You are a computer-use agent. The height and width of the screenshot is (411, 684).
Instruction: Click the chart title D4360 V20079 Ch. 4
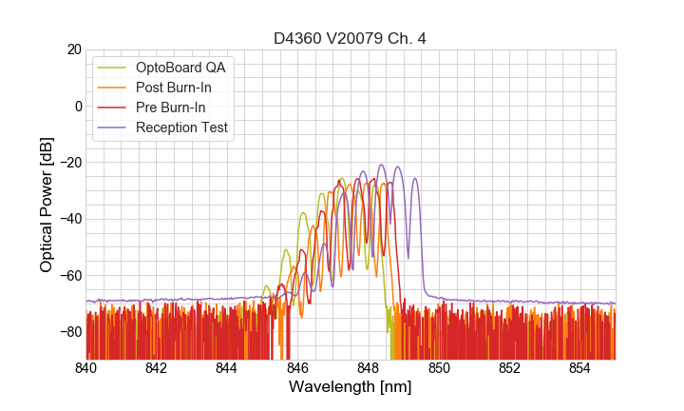point(351,38)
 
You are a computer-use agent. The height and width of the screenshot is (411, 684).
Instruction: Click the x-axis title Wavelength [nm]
point(351,388)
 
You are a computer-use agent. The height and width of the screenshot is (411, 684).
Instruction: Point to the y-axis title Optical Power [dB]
point(47,205)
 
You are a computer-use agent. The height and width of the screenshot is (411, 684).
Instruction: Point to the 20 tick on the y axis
point(73,49)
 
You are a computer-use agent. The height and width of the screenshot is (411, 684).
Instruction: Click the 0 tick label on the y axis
point(77,106)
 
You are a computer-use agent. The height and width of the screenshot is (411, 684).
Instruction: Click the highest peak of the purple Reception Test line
point(382,165)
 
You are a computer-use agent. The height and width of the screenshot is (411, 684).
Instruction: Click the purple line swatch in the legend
point(112,127)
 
